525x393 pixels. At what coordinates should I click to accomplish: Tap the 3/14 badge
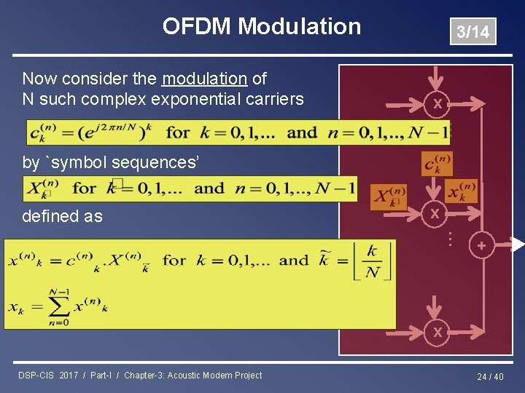[472, 32]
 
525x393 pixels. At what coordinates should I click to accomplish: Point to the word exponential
[193, 99]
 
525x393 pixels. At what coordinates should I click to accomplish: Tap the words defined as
[62, 216]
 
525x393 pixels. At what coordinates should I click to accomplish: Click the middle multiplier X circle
[435, 214]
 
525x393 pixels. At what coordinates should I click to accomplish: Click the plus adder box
[481, 246]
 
